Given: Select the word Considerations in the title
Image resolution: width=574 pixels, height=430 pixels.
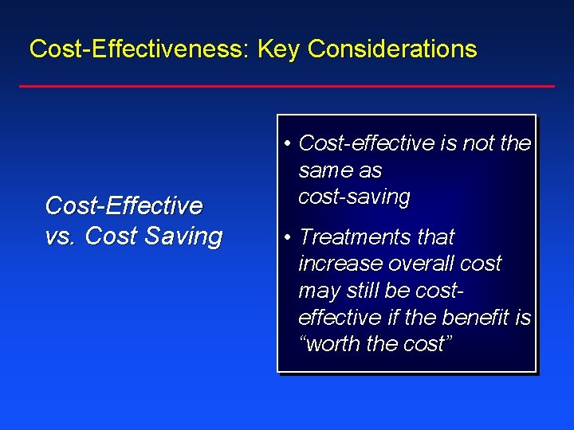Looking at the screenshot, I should coord(392,49).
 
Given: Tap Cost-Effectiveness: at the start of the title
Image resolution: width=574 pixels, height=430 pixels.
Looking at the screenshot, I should coord(140,49).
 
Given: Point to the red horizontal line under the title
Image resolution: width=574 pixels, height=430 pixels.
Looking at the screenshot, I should coord(287,86).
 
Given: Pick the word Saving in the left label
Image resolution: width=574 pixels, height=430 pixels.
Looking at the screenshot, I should coord(188,236).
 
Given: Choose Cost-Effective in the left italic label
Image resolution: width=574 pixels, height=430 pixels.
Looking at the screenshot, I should coord(124,206).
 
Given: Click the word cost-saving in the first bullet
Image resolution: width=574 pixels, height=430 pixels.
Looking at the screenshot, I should coord(354,197).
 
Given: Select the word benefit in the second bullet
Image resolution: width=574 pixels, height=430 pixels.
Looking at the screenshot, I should coord(474,318).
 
